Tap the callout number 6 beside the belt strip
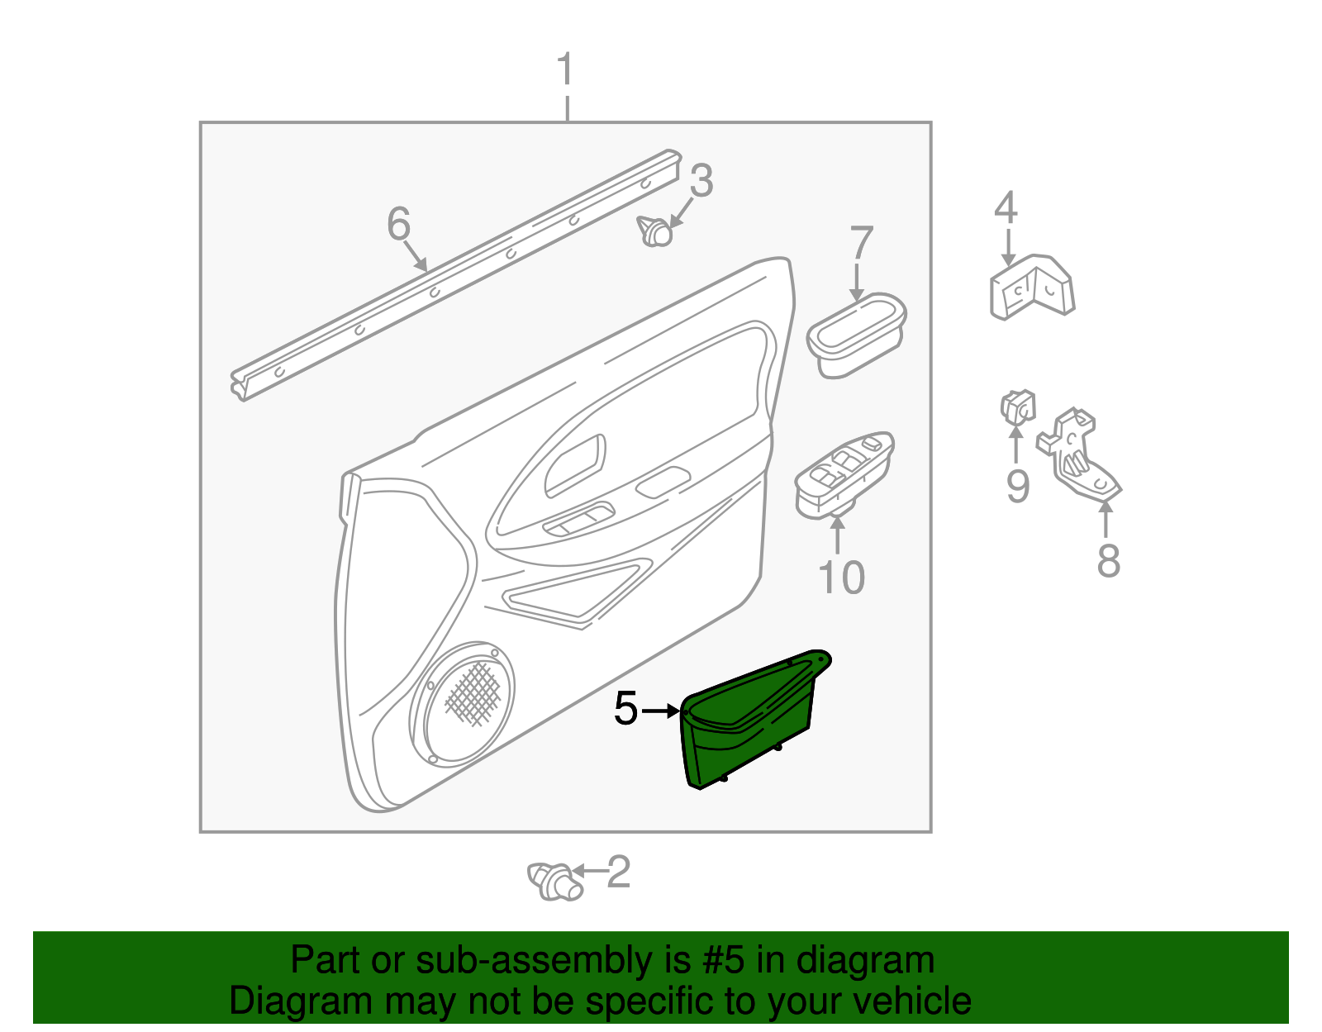click(x=398, y=223)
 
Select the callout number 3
click(x=701, y=180)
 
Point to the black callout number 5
click(x=625, y=709)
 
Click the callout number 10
click(x=841, y=577)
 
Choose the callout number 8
click(x=1108, y=560)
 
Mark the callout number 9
click(x=1017, y=485)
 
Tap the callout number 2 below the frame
click(x=619, y=873)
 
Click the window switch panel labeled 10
click(x=844, y=475)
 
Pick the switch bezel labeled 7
click(x=856, y=334)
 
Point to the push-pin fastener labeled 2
click(x=555, y=880)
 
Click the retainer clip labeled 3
click(x=655, y=231)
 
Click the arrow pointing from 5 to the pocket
click(x=661, y=711)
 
